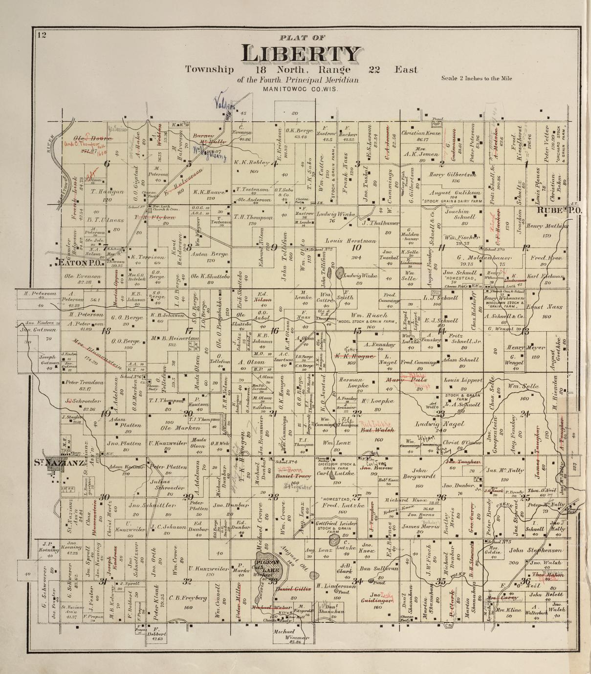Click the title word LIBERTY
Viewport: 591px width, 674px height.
point(302,54)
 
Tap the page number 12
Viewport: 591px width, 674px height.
point(40,34)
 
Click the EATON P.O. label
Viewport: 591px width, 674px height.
point(81,263)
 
